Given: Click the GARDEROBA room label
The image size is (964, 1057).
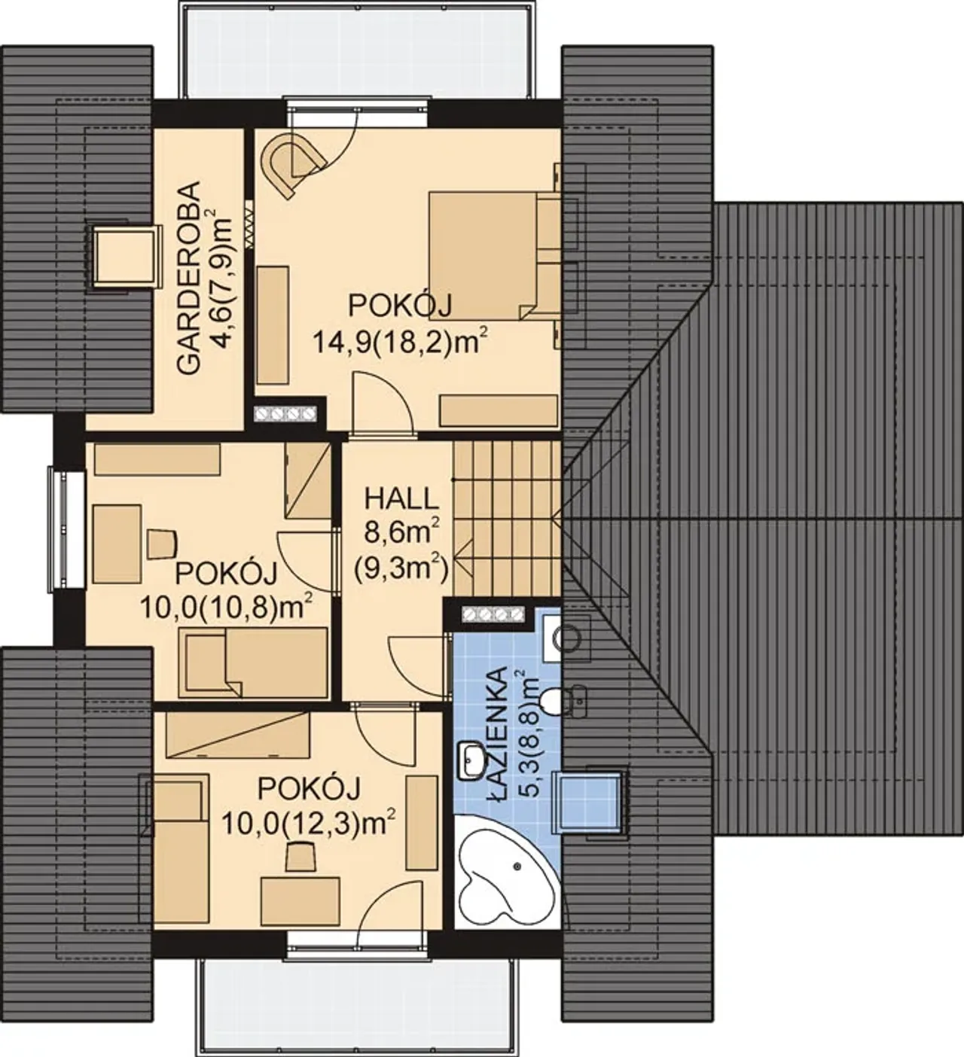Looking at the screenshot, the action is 188,278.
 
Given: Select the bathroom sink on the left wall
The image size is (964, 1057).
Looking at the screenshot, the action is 471,760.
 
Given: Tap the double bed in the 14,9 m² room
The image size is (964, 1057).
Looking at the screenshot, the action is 494,255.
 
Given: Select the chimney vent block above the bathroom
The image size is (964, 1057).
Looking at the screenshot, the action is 492,614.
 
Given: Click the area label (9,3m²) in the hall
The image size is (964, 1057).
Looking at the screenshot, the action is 402,568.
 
